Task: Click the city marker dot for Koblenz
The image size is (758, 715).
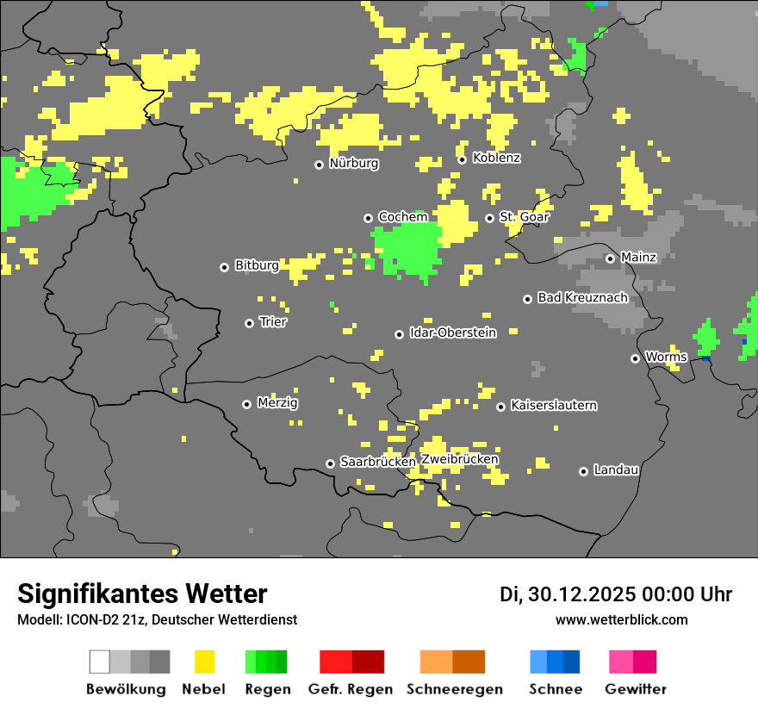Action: point(462,159)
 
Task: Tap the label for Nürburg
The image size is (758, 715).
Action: point(353,163)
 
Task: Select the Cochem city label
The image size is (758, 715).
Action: point(403,217)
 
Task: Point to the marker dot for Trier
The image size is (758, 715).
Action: point(249,323)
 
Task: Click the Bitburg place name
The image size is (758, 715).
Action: point(257,265)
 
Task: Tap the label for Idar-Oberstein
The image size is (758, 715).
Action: point(453,333)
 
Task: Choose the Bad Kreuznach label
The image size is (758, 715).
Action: point(582,297)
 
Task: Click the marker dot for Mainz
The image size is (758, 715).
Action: point(610,258)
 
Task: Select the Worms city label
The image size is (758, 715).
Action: point(666,357)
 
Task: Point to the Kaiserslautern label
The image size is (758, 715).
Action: point(554,405)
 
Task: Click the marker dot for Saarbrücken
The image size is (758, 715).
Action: point(330,463)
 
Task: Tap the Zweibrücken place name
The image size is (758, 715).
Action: point(459,459)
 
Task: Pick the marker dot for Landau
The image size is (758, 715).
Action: point(583,471)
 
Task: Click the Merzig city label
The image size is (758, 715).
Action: point(278,403)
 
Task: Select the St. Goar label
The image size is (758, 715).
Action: point(525,217)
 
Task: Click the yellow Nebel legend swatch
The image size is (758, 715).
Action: point(204,662)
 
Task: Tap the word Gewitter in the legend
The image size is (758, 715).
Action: point(636,689)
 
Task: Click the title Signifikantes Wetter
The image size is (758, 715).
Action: point(142,594)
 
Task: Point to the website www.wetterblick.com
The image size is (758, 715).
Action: point(621,619)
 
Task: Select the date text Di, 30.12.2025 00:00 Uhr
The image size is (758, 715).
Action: point(616,594)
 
